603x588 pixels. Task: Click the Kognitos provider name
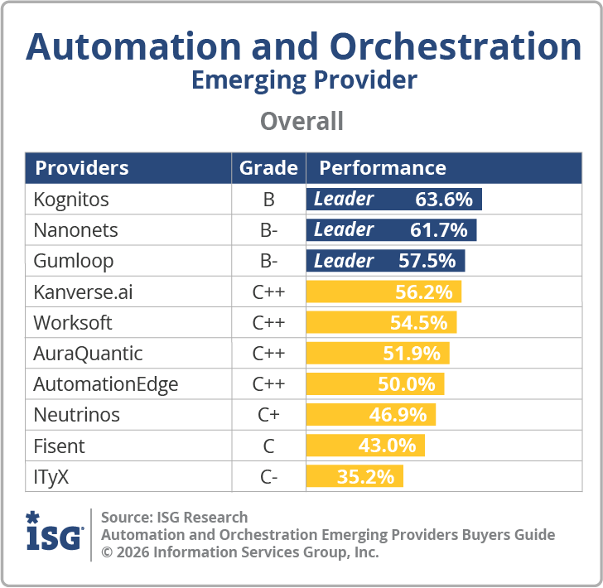point(71,200)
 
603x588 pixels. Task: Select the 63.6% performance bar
point(394,200)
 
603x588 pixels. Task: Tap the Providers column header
point(82,168)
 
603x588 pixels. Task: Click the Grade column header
point(268,168)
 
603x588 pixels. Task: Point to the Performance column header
point(383,168)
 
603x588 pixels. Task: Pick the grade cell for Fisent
point(268,446)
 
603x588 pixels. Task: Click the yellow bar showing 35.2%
point(355,477)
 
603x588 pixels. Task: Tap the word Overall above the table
point(301,122)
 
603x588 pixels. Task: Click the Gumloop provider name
point(74,261)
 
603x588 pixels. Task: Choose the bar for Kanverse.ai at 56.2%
point(384,292)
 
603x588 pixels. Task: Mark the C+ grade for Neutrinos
point(268,415)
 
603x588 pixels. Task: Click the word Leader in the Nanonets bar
point(344,230)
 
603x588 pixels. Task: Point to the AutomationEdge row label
point(106,384)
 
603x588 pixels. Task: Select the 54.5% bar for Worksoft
point(381,322)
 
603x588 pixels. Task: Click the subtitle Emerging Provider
point(304,80)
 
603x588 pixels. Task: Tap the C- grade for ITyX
point(268,477)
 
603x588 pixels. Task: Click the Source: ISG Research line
point(174,518)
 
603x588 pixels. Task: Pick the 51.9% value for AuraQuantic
point(412,354)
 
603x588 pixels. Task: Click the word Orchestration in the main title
point(449,47)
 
